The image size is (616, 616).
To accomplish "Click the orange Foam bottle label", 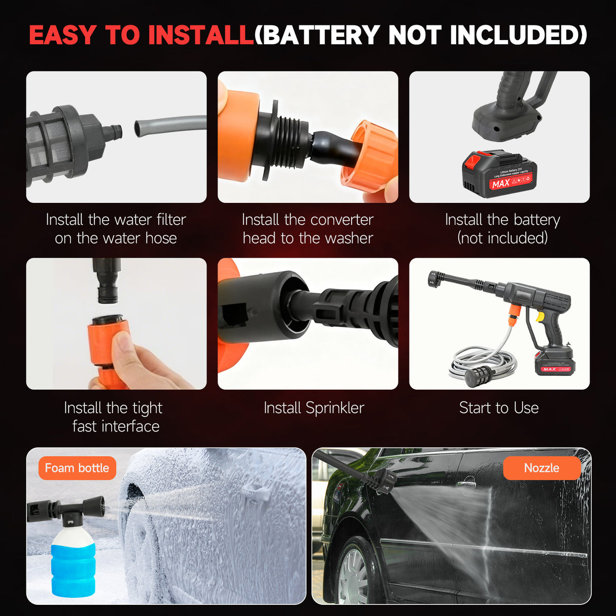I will coord(77,468).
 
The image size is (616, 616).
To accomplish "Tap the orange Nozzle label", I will coord(541,468).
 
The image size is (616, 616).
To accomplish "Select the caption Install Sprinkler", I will coord(314,408).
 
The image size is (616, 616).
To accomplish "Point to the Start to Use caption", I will coord(499,408).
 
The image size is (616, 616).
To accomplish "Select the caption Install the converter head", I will coord(307,229).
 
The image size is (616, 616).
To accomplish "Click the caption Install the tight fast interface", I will coord(114,417).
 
